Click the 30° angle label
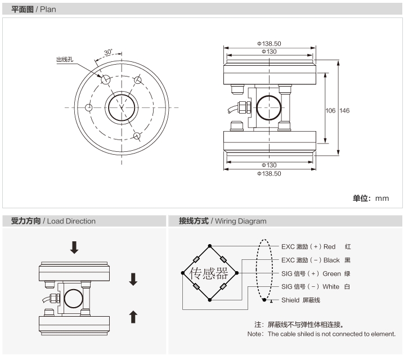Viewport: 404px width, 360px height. pos(108,52)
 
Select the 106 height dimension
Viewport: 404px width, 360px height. pos(331,111)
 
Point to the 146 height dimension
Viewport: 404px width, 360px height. pos(344,111)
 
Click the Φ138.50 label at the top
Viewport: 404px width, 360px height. pos(269,43)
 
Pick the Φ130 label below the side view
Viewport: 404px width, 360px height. pos(269,165)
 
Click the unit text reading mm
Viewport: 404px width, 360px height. pos(383,198)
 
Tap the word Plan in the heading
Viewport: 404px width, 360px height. pos(48,10)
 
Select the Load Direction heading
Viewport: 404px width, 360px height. pos(71,221)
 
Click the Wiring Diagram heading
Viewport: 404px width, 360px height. pos(239,221)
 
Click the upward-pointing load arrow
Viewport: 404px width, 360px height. pos(133,317)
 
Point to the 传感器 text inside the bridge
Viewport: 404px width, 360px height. pos(209,274)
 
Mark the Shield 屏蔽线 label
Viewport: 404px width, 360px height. pos(300,300)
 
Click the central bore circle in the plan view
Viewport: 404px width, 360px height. pos(120,107)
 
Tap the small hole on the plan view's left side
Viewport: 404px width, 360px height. pos(88,107)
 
